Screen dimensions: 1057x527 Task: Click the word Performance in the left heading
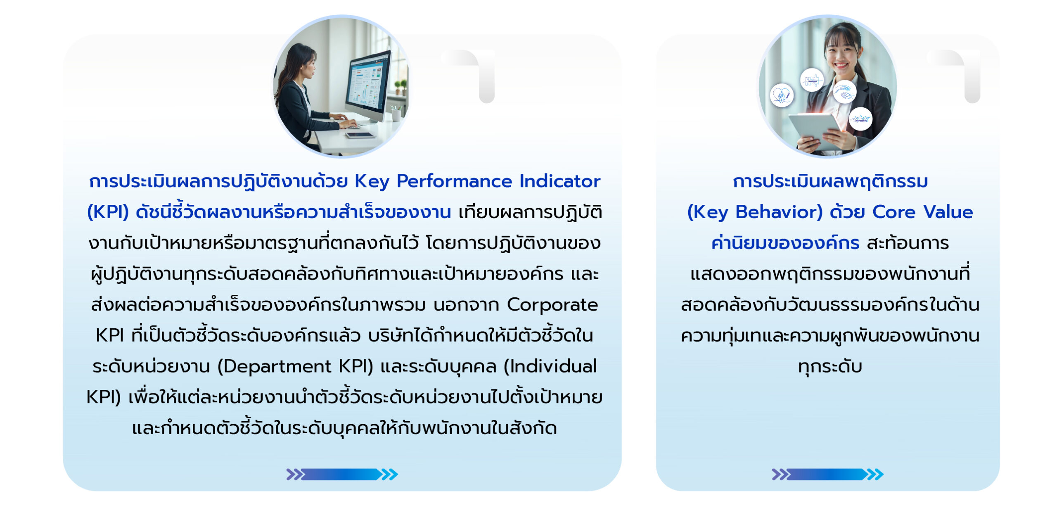click(x=454, y=181)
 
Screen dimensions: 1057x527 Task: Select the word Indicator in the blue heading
click(x=559, y=181)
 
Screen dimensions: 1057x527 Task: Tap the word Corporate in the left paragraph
click(x=552, y=305)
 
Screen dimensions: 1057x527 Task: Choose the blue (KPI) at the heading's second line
click(x=108, y=212)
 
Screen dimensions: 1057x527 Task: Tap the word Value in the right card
click(x=948, y=212)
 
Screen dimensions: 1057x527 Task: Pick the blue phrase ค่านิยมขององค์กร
click(x=785, y=242)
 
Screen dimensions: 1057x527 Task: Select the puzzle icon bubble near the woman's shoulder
click(x=812, y=80)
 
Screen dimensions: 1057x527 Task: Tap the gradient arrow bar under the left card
click(x=342, y=475)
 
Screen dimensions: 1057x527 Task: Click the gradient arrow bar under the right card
click(x=828, y=475)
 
